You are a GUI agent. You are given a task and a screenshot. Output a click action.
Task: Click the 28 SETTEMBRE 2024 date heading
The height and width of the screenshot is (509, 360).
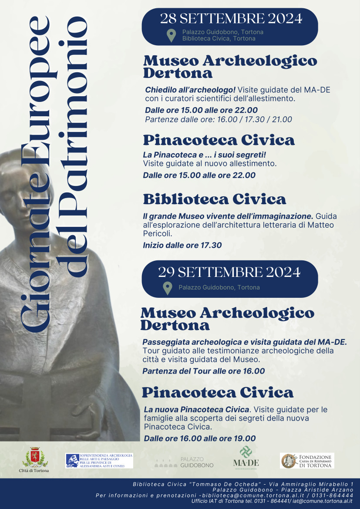231,18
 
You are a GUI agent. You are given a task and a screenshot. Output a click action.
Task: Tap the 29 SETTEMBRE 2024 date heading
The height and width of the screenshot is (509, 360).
229,272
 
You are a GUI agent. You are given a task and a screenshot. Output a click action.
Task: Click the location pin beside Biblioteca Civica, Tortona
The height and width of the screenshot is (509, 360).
172,35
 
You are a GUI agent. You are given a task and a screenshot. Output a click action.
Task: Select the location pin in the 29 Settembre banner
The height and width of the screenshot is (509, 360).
167,288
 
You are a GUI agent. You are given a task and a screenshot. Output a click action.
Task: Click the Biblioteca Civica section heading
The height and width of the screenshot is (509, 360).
215,199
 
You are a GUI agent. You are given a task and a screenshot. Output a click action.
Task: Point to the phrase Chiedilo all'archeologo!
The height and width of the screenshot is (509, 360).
190,90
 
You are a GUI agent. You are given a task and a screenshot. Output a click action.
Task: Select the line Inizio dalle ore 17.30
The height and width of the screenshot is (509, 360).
182,245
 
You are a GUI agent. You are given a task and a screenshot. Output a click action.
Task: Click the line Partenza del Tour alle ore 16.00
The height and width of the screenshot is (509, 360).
203,371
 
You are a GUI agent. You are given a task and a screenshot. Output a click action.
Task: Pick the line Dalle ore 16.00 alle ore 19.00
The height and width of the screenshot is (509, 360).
200,438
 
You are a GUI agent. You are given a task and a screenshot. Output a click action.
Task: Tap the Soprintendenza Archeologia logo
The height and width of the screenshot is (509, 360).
99,460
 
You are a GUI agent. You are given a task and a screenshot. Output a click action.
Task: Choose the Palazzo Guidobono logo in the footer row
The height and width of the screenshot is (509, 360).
184,462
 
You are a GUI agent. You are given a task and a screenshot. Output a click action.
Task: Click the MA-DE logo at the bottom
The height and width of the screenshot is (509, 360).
246,457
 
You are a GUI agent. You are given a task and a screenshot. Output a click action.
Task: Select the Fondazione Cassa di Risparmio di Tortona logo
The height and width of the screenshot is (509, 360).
307,461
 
